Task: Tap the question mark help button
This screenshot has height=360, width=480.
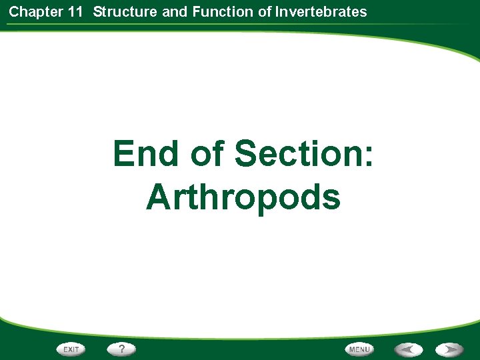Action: [x=122, y=349]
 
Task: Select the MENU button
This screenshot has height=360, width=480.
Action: [x=359, y=349]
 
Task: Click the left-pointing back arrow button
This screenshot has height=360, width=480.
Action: [x=407, y=349]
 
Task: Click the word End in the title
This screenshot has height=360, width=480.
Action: [x=146, y=154]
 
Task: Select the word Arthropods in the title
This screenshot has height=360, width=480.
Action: [x=243, y=197]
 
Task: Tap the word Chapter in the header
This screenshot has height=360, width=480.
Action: [x=33, y=11]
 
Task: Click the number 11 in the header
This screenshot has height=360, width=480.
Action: [x=75, y=11]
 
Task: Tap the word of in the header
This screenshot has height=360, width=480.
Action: [x=265, y=11]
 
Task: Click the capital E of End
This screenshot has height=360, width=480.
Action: [x=125, y=154]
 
